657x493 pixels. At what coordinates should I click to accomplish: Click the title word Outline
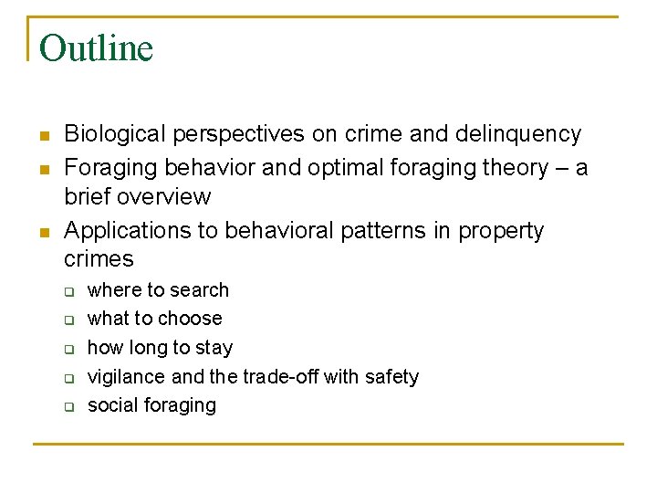(96, 48)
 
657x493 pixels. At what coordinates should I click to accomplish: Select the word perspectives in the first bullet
(237, 134)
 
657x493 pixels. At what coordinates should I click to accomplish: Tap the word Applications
(120, 231)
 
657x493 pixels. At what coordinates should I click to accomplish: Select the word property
(500, 231)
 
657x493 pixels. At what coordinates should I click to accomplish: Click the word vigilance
(125, 377)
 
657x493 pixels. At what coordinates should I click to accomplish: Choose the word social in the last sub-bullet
(109, 405)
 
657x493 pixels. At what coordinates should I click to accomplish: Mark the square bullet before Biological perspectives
(43, 136)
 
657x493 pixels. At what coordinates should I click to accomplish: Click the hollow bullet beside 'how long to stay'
(68, 349)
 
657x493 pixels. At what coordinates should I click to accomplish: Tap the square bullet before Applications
(43, 233)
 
